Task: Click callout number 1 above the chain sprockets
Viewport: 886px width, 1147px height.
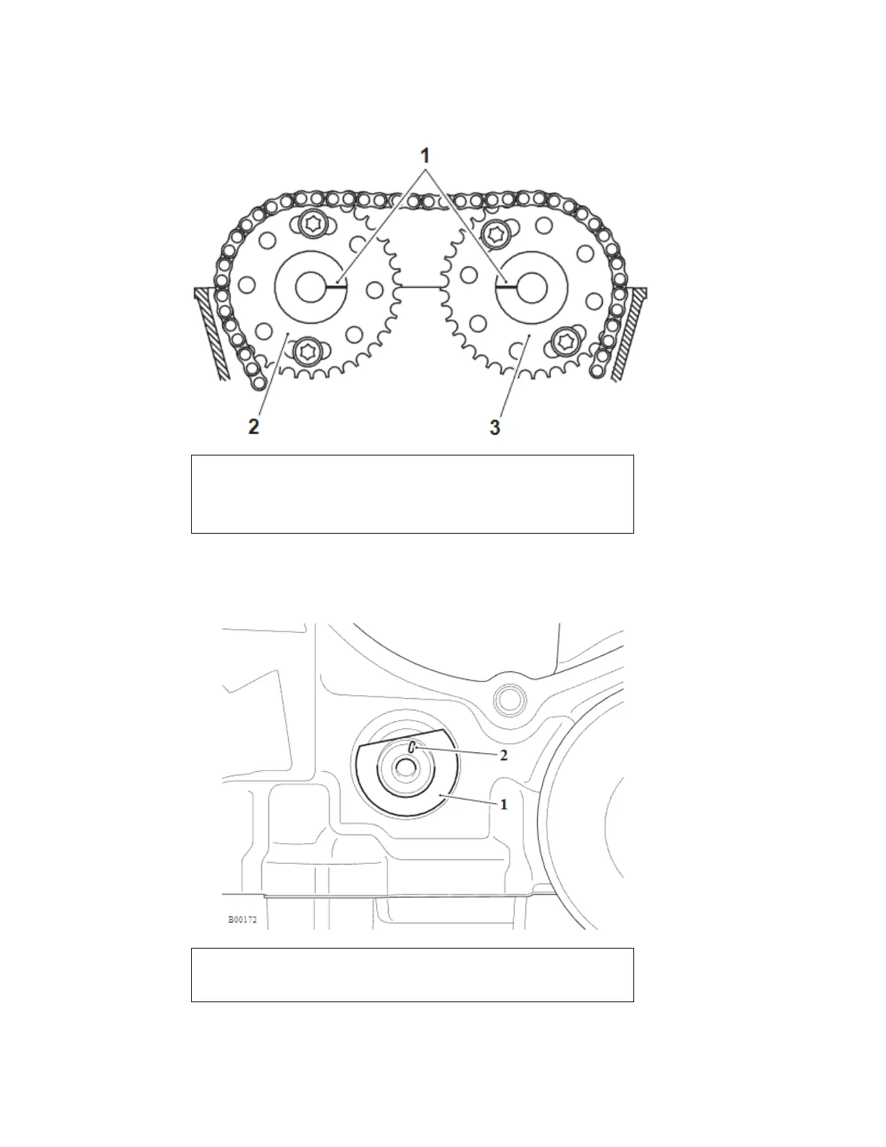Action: pos(426,156)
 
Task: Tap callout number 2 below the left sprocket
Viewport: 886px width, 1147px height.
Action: pos(253,427)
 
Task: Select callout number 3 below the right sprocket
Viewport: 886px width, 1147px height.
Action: pos(495,427)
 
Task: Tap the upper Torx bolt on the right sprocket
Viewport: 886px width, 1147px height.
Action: pos(497,232)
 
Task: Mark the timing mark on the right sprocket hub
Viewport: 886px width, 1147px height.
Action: pos(506,287)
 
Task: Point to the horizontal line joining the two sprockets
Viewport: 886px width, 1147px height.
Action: pos(421,288)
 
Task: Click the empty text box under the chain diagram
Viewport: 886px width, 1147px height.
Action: pos(412,494)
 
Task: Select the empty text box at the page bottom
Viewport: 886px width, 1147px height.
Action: pos(412,975)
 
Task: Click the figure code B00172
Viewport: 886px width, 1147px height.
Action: pos(242,920)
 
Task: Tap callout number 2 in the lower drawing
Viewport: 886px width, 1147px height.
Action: pos(504,755)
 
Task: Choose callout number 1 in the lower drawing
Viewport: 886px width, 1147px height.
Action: pos(504,804)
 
